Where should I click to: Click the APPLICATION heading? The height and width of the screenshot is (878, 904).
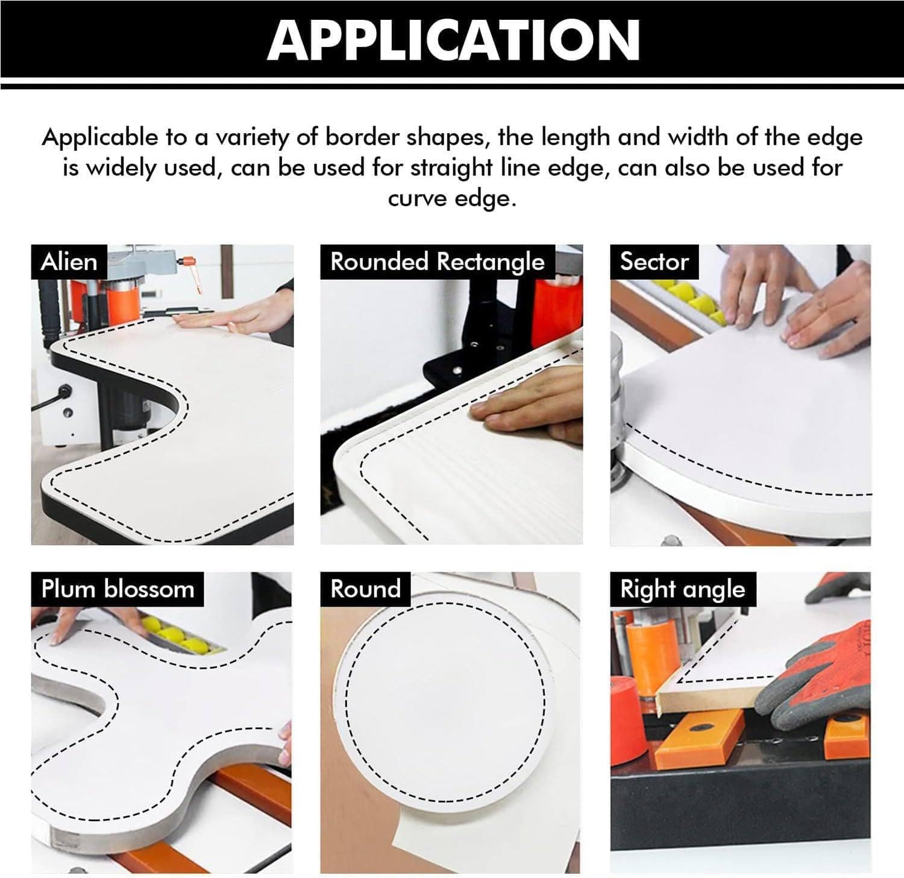click(x=453, y=39)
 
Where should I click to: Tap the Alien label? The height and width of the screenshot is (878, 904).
click(x=69, y=262)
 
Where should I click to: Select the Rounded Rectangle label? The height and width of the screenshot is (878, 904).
click(x=438, y=262)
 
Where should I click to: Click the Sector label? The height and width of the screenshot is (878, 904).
click(x=654, y=262)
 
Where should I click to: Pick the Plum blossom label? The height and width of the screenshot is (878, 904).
click(x=118, y=589)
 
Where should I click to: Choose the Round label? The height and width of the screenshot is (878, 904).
click(x=366, y=589)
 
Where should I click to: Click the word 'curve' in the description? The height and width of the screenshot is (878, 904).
click(x=416, y=198)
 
